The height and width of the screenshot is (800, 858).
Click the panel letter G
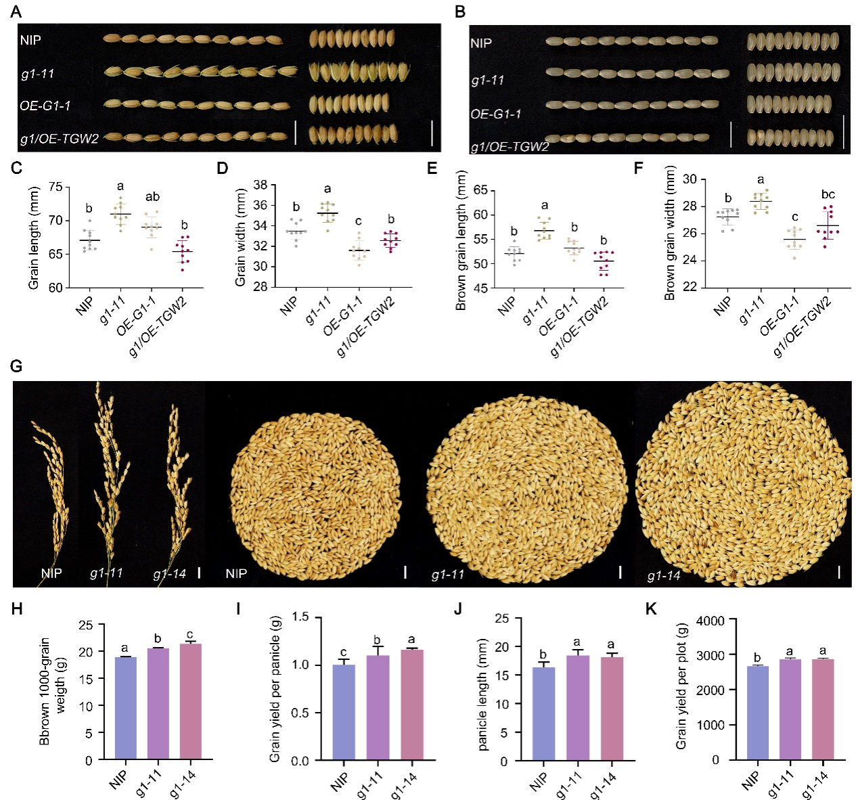tap(16, 366)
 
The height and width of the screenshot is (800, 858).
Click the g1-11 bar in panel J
tap(577, 708)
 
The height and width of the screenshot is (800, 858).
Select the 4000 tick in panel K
tap(710, 621)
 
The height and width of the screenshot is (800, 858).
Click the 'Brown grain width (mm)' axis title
tap(670, 234)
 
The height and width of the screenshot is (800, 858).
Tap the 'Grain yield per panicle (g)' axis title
tap(275, 689)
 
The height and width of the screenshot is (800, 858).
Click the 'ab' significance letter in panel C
tap(152, 197)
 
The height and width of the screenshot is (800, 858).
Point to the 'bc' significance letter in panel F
tap(828, 195)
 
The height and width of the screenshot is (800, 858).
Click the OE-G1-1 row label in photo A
tap(45, 106)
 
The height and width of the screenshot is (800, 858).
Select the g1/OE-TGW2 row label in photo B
tap(510, 147)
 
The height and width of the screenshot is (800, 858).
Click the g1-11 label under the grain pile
tap(448, 575)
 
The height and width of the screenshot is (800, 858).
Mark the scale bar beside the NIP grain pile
tap(405, 572)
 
